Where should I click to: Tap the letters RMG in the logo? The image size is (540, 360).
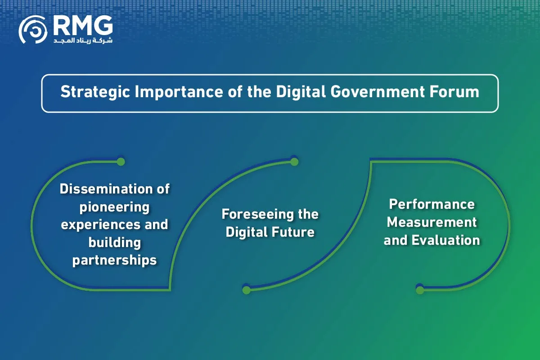83,25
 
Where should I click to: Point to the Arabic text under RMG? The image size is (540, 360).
83,40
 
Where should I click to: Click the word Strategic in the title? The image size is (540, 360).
95,92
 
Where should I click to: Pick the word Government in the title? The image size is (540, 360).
377,92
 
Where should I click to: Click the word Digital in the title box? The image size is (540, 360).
301,92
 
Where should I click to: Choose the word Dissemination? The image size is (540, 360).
106,189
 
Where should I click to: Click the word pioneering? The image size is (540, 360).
114,207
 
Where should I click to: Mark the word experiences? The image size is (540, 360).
101,225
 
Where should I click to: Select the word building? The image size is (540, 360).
114,243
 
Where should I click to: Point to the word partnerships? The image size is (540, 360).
114,261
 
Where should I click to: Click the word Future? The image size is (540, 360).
293,232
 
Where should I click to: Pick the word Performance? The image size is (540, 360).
432,204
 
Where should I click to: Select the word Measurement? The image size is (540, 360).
432,222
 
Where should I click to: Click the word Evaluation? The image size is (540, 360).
446,240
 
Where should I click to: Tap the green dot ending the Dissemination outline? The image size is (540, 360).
121,162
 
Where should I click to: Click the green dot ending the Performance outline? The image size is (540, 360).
420,290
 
